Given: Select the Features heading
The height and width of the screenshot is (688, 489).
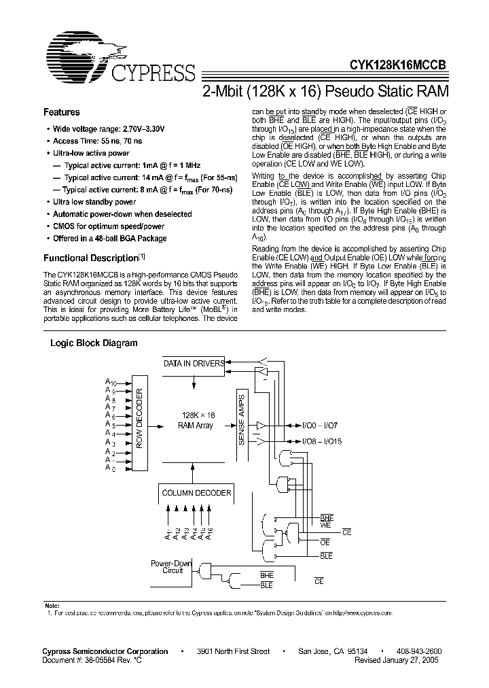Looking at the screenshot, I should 61,112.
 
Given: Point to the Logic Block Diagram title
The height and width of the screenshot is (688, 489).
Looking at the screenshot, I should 94,343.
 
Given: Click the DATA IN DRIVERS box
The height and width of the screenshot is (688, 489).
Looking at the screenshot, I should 194,364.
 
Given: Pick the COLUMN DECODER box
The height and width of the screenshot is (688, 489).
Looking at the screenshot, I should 196,493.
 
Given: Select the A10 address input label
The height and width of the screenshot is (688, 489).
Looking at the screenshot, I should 111,384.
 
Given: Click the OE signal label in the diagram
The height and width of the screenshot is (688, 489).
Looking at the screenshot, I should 325,542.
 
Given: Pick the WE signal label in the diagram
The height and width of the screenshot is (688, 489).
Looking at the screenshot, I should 325,526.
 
